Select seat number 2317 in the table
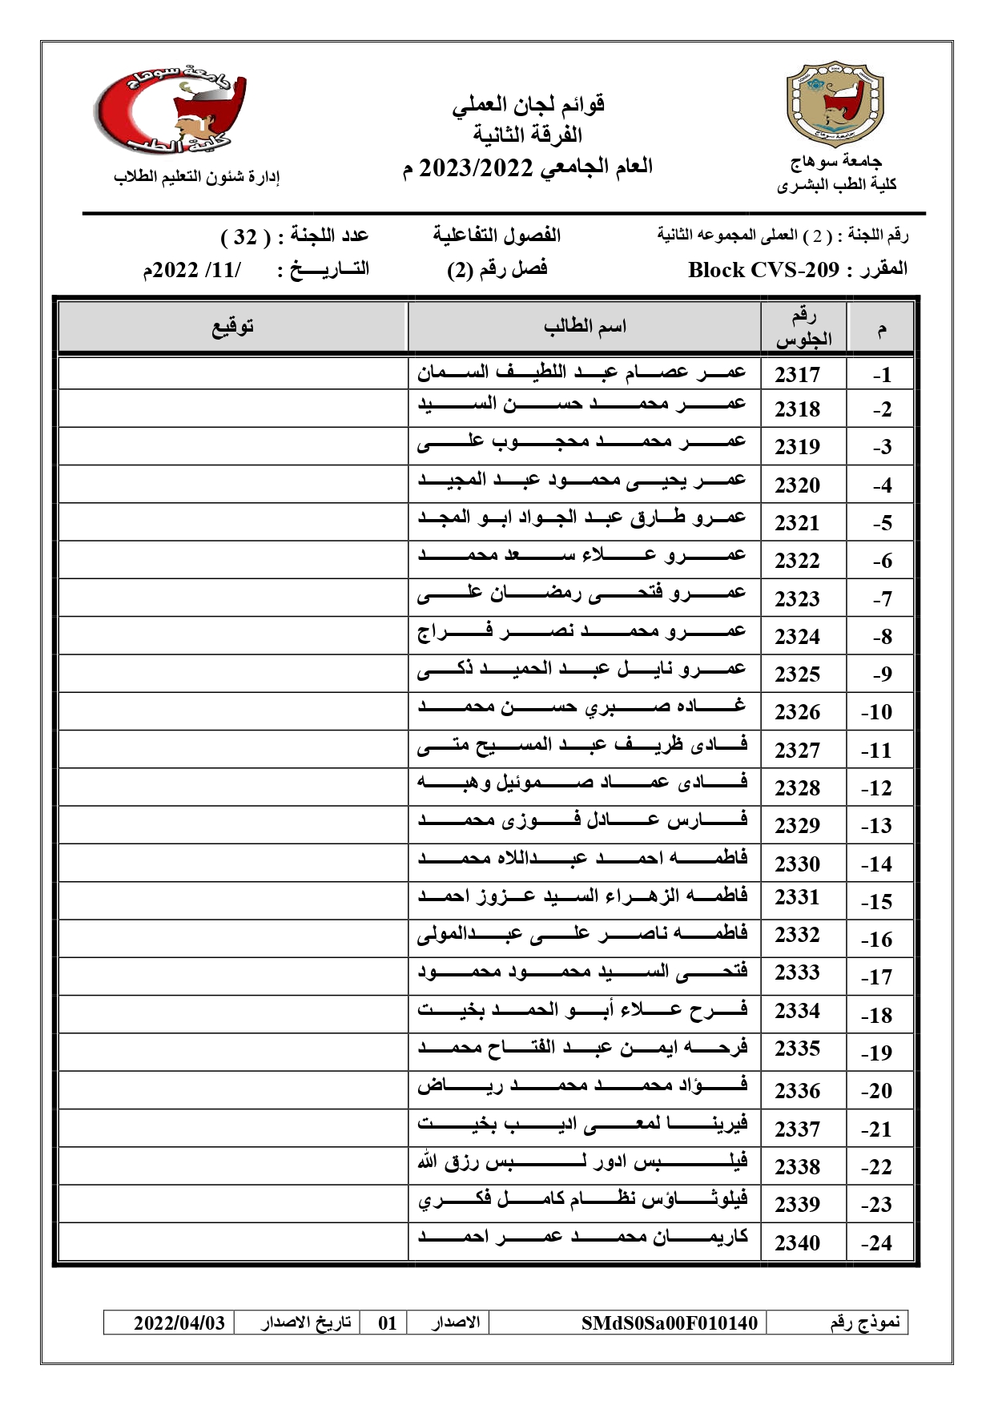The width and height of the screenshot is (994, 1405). tap(797, 375)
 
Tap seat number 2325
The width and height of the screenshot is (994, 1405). tap(797, 674)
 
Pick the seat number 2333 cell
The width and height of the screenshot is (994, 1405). tap(797, 973)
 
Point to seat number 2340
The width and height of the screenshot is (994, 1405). tap(797, 1243)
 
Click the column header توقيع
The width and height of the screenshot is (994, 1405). tap(233, 327)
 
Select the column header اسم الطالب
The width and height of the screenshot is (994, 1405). tap(585, 327)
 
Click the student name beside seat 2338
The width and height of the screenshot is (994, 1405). tap(582, 1162)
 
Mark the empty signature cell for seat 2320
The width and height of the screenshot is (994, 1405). tap(233, 484)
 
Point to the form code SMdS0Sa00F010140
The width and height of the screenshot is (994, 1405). tap(669, 1322)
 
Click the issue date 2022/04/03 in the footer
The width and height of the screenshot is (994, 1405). tap(179, 1322)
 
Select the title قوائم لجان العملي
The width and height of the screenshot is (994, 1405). tap(529, 104)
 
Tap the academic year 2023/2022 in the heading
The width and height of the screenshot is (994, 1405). tap(477, 168)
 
